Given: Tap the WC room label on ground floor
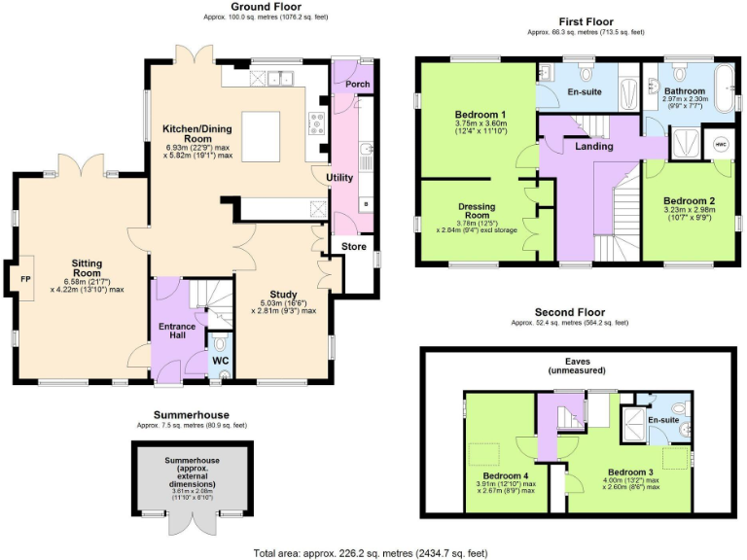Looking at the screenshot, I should click(x=221, y=361).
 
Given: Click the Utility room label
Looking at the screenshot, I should click(x=339, y=178).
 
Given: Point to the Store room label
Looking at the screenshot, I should click(x=354, y=247).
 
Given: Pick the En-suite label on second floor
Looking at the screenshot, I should click(x=662, y=419).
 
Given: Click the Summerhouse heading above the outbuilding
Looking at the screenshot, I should click(x=191, y=415).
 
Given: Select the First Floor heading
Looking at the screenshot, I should click(x=586, y=21).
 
